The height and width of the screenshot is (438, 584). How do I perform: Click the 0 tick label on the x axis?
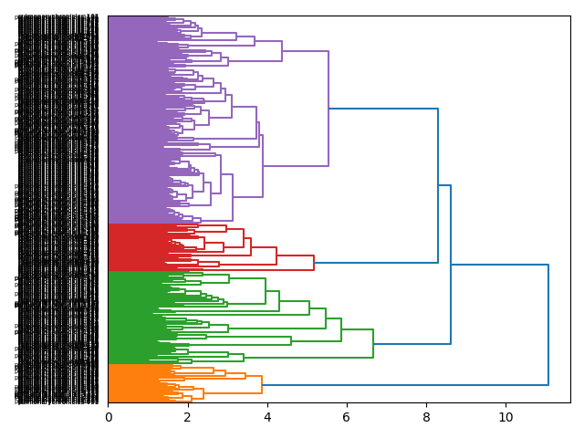pos(109,417)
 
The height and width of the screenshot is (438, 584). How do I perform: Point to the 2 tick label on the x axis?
pos(188,417)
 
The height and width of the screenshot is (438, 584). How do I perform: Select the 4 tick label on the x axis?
pos(267,417)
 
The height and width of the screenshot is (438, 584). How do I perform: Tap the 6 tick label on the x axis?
pos(347,417)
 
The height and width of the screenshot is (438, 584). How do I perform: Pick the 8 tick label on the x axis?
pos(426,417)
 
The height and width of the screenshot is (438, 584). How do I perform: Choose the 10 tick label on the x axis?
pos(506,417)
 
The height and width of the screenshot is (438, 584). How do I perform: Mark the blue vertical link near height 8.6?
pos(451,265)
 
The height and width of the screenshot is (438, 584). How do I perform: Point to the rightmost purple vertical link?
pos(328,109)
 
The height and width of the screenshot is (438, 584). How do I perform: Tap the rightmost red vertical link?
pos(314,263)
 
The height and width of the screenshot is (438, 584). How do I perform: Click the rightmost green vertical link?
pos(373,343)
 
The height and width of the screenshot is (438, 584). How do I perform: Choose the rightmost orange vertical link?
pos(262,384)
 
